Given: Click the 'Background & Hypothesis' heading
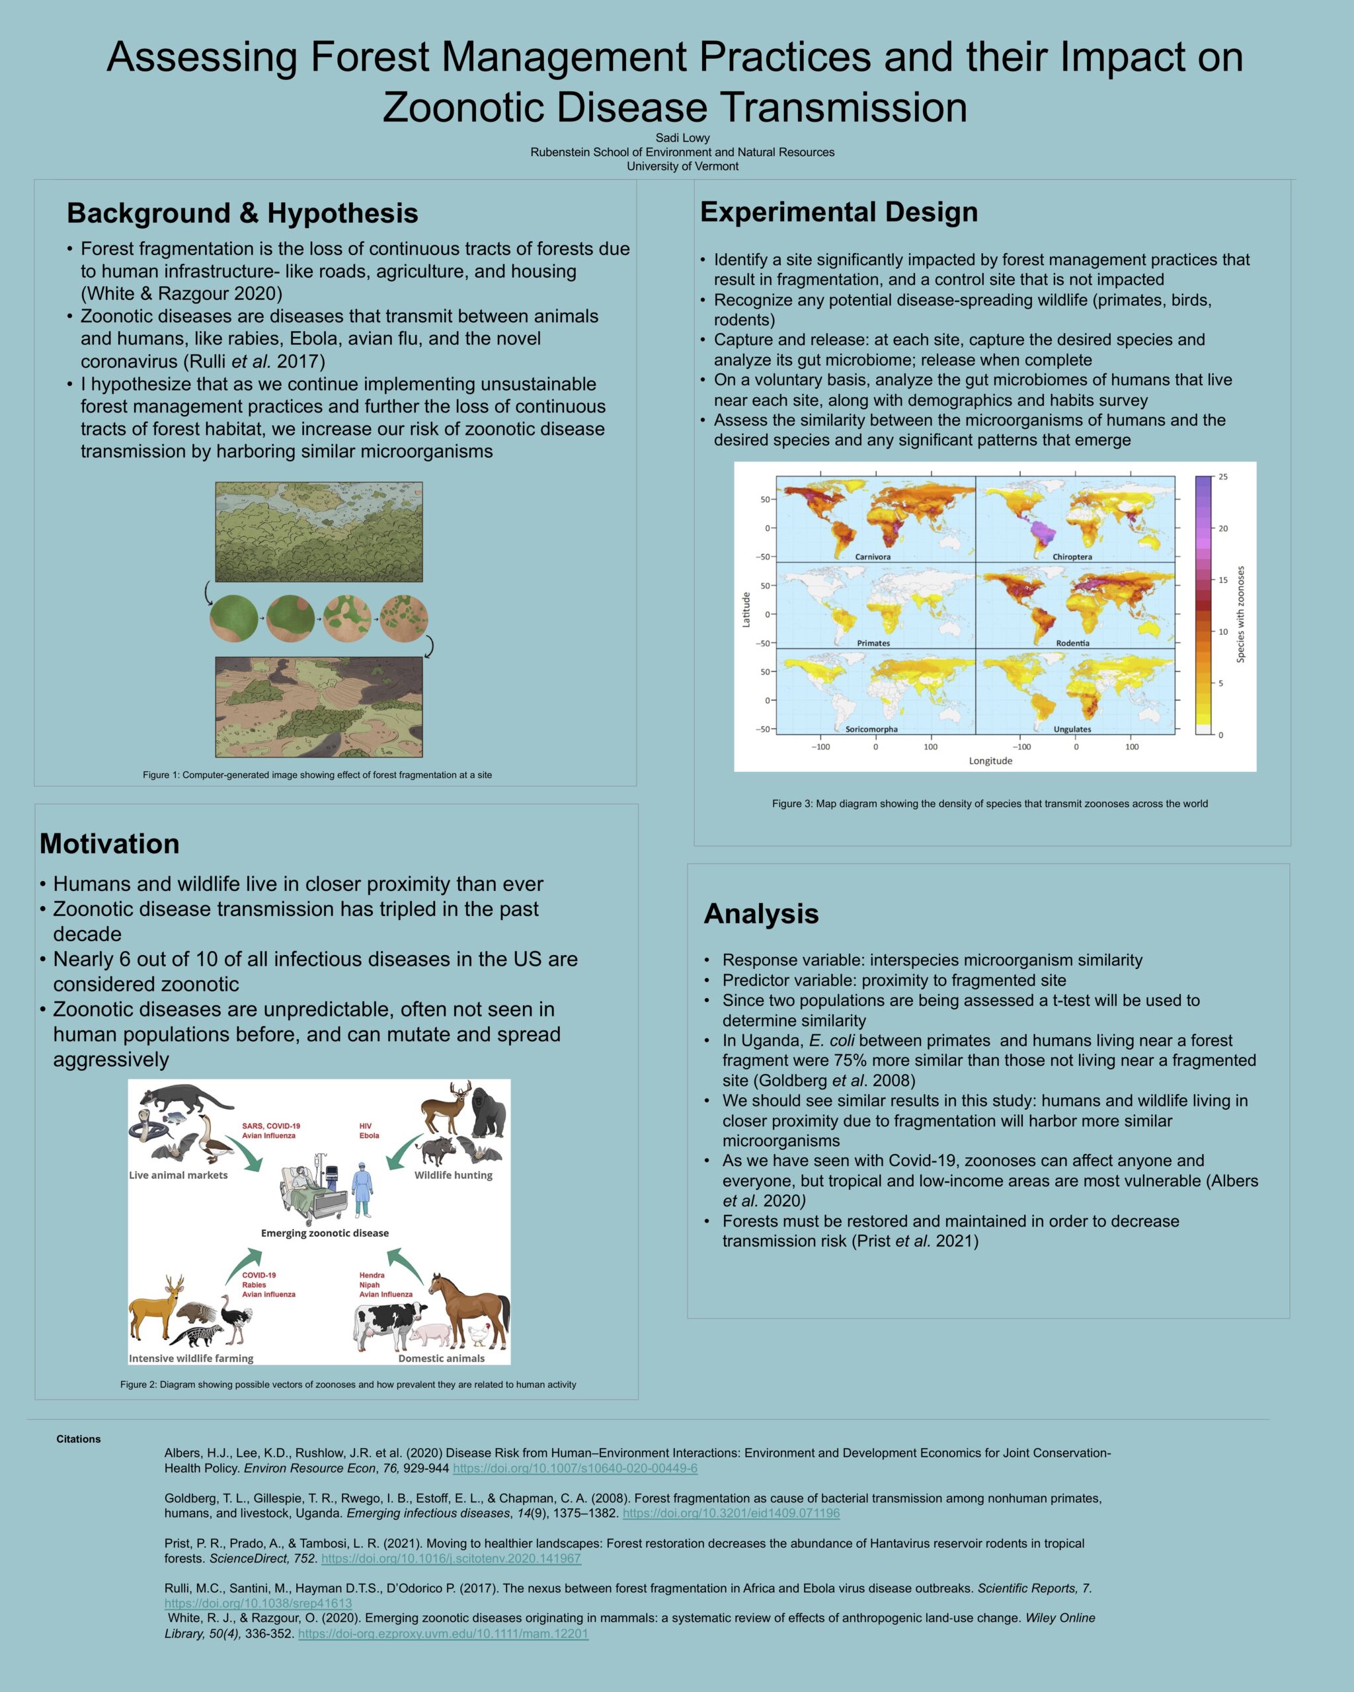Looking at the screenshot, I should coord(242,213).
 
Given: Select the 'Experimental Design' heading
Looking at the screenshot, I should coord(838,212).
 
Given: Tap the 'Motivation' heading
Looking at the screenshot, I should coord(109,843).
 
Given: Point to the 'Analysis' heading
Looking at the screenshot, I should coord(760,913).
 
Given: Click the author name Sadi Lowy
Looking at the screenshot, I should coord(682,138).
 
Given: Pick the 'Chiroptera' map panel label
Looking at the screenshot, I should coord(1072,557).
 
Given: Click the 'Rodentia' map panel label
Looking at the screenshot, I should coord(1072,642).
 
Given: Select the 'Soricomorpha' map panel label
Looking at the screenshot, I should coord(871,729).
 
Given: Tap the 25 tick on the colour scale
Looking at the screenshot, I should coord(1223,477).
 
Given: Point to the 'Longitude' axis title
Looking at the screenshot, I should coord(990,761).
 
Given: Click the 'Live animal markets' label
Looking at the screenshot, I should coord(179,1175).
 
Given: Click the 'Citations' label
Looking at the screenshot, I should coord(79,1438).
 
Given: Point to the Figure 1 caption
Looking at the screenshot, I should coord(317,775).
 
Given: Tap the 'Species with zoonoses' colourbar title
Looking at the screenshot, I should coord(1240,614).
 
